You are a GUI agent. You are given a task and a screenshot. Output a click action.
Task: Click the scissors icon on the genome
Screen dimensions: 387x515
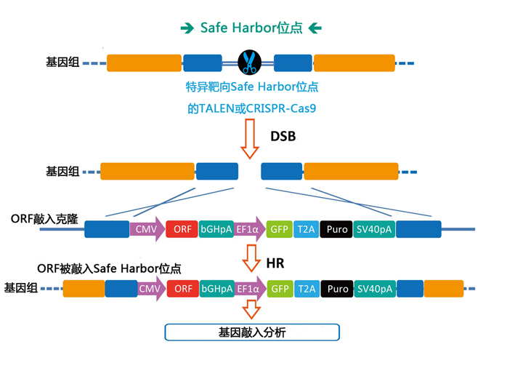tap(249, 63)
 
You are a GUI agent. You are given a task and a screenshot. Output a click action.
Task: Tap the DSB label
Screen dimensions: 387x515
tap(283, 136)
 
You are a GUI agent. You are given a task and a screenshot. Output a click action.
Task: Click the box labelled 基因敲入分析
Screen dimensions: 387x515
tap(252, 332)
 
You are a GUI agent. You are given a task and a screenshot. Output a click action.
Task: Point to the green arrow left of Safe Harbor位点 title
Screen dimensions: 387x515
tap(187, 28)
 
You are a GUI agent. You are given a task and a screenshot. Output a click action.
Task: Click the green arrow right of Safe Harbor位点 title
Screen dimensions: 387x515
tap(315, 28)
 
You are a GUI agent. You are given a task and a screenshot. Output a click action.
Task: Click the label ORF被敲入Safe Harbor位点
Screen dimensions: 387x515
tap(109, 268)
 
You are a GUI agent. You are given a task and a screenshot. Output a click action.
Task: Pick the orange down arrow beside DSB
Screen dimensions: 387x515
tap(250, 138)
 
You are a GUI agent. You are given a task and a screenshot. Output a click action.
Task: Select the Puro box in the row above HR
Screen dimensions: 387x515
tap(337, 229)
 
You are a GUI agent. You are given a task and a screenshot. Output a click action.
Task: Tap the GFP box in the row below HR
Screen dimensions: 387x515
tap(280, 289)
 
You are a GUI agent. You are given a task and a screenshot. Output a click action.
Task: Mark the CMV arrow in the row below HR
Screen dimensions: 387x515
tap(150, 289)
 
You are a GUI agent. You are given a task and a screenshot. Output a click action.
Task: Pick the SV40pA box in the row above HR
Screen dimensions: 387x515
tap(374, 229)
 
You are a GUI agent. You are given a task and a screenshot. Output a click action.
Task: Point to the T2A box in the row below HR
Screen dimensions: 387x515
tap(307, 289)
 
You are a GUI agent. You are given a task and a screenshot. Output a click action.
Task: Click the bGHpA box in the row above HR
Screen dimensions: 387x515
tap(216, 229)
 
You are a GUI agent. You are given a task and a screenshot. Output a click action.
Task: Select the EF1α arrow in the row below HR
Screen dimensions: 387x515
tap(249, 289)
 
